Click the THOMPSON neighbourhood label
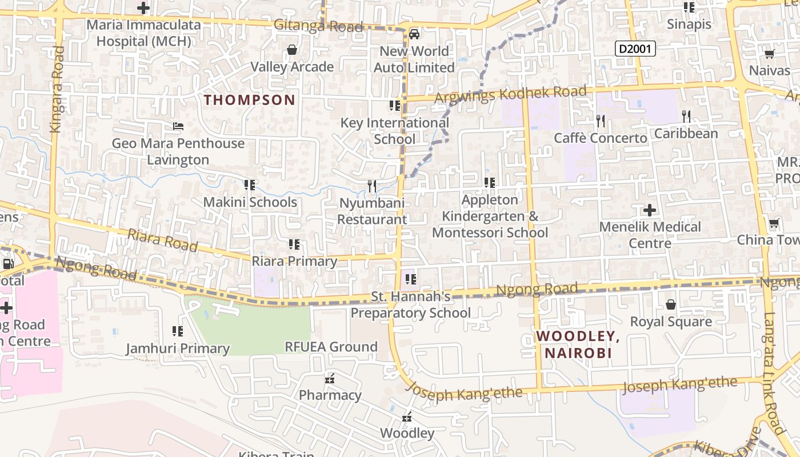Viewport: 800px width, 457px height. pyautogui.click(x=250, y=100)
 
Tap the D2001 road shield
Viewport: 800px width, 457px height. pyautogui.click(x=635, y=49)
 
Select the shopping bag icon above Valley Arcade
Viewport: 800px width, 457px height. pyautogui.click(x=292, y=50)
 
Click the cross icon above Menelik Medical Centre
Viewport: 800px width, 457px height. pyautogui.click(x=650, y=210)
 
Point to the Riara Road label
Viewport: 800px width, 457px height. pyautogui.click(x=163, y=240)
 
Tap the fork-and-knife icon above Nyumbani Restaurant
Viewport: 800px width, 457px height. pyautogui.click(x=372, y=186)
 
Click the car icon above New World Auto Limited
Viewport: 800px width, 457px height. pyautogui.click(x=414, y=34)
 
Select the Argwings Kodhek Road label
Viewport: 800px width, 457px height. pyautogui.click(x=510, y=94)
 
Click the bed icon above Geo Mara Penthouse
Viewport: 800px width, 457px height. pyautogui.click(x=178, y=126)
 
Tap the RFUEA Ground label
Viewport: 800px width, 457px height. pyautogui.click(x=331, y=347)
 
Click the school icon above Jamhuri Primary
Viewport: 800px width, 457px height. pyautogui.click(x=178, y=331)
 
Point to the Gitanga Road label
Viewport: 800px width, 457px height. pyautogui.click(x=318, y=26)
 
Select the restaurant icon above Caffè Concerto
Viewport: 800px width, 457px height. pyautogui.click(x=601, y=121)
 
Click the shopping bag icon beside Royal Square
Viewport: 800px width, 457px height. pyautogui.click(x=671, y=304)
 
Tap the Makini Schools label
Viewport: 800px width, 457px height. pyautogui.click(x=250, y=202)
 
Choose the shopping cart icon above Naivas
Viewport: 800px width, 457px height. pyautogui.click(x=769, y=54)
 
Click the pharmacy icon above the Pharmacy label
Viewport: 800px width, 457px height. pyautogui.click(x=330, y=378)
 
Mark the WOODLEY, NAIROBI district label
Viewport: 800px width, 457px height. pyautogui.click(x=578, y=344)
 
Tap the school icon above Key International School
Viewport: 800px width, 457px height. pyautogui.click(x=395, y=106)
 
